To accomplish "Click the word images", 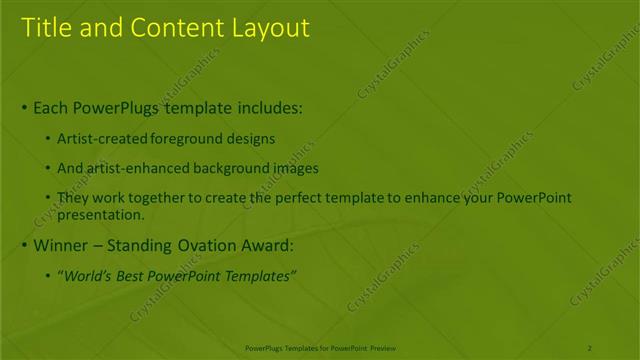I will (x=292, y=169).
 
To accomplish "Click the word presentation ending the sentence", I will (x=102, y=214).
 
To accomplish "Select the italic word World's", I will (x=91, y=276).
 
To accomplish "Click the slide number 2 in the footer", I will (x=590, y=347).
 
